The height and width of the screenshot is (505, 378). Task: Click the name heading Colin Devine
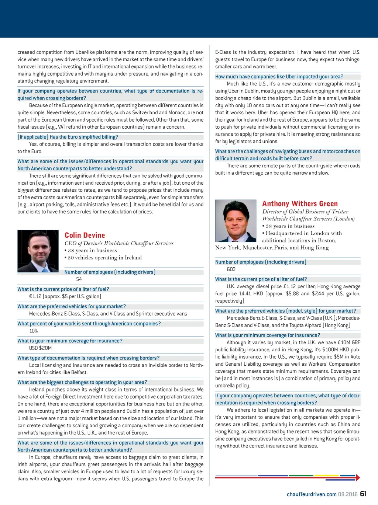(85, 235)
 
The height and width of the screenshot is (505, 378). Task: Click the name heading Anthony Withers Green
(300, 203)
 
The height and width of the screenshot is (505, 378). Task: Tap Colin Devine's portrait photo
(38, 251)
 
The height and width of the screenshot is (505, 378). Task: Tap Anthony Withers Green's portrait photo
(236, 221)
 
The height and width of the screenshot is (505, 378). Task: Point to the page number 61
(363, 494)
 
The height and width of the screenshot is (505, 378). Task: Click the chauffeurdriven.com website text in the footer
(312, 494)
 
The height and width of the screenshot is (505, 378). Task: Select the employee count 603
(231, 269)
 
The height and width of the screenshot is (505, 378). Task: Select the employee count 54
(79, 279)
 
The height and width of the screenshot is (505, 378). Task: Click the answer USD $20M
(41, 348)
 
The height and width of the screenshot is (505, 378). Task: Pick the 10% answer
(34, 331)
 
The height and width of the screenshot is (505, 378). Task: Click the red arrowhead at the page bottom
(357, 478)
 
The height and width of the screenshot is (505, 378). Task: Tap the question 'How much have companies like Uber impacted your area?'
(279, 77)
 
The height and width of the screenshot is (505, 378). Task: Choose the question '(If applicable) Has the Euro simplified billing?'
(68, 137)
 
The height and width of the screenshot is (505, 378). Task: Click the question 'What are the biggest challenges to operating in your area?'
(82, 382)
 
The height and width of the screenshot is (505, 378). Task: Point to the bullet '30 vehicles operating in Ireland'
(103, 258)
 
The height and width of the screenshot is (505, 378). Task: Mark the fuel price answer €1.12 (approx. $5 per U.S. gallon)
(65, 296)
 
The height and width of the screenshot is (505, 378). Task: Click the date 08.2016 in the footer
(348, 494)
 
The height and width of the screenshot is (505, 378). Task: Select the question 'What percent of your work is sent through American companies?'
(89, 324)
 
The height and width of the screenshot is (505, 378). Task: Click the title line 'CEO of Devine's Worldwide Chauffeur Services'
(119, 243)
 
